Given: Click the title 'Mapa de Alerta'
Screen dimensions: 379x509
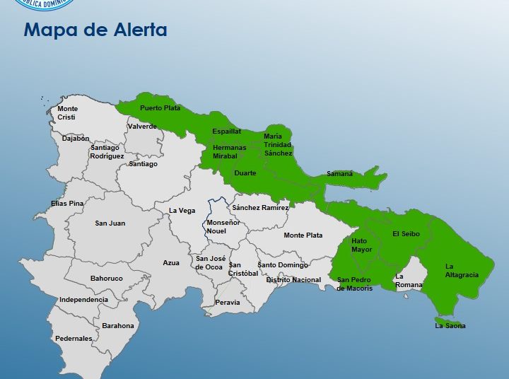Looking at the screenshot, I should (x=95, y=30).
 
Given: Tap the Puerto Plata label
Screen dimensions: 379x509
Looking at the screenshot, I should (x=160, y=108).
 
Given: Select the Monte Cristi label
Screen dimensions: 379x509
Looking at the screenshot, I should (x=67, y=113).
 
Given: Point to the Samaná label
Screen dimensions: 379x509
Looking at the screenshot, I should (x=339, y=173).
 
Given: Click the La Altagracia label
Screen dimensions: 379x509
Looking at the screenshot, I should (x=462, y=271).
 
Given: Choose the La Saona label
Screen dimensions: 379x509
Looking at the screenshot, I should (x=450, y=326).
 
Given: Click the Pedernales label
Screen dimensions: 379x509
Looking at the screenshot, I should (x=74, y=339).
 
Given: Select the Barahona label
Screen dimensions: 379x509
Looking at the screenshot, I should (x=118, y=326).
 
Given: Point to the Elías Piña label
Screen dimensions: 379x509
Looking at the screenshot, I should (x=67, y=204).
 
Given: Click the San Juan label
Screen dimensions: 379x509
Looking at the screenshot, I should (x=110, y=223).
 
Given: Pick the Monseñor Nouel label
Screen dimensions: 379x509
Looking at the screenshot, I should (x=223, y=227).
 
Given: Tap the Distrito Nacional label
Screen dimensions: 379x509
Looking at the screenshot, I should (x=293, y=280).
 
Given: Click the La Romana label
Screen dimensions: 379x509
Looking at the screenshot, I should (x=409, y=281).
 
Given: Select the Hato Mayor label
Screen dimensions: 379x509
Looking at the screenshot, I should (x=361, y=245).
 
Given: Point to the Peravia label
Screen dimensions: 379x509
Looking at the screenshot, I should (x=227, y=303).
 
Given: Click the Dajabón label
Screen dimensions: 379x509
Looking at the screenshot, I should (x=76, y=139).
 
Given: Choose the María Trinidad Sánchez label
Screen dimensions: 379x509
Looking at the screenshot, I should (x=278, y=144).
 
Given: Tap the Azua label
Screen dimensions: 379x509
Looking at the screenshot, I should (x=171, y=263).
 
